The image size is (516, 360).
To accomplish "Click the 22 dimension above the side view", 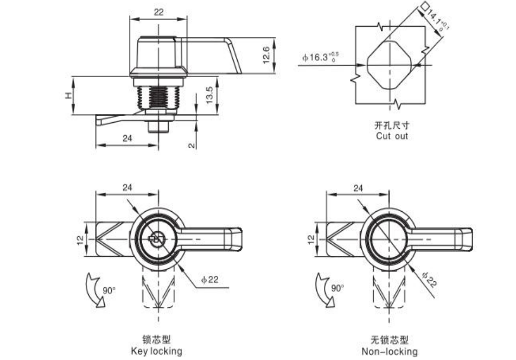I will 158,12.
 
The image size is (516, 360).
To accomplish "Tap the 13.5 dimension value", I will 209,95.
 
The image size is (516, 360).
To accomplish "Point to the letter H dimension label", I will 68,96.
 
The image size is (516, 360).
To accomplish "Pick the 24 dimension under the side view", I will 127,138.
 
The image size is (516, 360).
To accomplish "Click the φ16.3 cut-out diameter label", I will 320,57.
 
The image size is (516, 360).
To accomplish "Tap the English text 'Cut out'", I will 392,136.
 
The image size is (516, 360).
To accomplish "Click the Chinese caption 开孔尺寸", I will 392,125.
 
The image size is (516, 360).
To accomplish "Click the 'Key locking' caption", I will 157,351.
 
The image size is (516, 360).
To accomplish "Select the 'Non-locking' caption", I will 389,351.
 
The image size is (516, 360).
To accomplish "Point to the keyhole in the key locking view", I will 156,238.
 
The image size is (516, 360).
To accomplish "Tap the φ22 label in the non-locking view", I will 429,280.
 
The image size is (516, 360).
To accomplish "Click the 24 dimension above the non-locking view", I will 358,188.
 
